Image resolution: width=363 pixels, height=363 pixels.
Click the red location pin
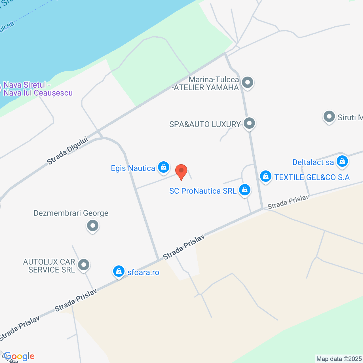(181, 171)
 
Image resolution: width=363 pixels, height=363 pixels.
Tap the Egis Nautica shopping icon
(164, 167)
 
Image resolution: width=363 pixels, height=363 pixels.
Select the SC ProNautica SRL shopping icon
(244, 190)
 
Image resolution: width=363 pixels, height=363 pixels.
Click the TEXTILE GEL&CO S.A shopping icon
(266, 176)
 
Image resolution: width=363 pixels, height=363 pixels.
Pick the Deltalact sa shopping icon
(342, 161)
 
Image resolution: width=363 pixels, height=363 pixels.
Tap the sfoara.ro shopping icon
(119, 271)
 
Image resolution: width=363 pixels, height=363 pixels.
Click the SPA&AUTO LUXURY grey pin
(249, 124)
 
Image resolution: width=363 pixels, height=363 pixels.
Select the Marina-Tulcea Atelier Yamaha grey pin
(248, 83)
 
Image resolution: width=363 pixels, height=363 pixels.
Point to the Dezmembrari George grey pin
(93, 226)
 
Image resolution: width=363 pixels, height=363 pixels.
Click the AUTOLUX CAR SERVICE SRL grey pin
(84, 265)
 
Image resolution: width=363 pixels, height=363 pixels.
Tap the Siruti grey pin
(329, 117)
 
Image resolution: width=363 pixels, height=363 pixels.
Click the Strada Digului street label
(67, 151)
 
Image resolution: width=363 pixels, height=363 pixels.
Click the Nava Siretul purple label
(38, 89)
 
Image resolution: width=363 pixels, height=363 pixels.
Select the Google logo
(19, 356)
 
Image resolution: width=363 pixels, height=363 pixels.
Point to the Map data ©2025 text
(339, 359)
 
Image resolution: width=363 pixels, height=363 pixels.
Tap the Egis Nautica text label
(133, 168)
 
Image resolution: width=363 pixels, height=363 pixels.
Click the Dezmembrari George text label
(71, 213)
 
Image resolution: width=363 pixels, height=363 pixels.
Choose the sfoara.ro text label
(143, 272)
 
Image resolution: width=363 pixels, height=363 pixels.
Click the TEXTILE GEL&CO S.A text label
(312, 177)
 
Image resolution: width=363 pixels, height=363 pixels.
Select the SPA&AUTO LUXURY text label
(205, 124)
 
